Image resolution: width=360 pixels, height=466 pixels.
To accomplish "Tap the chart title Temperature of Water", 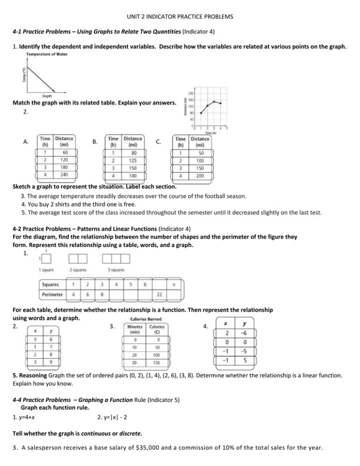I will [x=46, y=54].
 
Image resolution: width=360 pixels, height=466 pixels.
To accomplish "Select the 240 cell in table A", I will [x=65, y=174].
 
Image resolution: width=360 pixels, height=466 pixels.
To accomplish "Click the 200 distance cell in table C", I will [x=200, y=174].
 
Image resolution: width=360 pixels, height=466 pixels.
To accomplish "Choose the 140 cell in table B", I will [x=133, y=174].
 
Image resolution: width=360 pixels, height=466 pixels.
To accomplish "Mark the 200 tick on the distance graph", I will [x=192, y=93].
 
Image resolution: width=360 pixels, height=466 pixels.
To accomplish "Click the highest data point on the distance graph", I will [x=214, y=101].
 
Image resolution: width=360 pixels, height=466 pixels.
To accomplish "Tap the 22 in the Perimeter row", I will [x=159, y=294].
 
